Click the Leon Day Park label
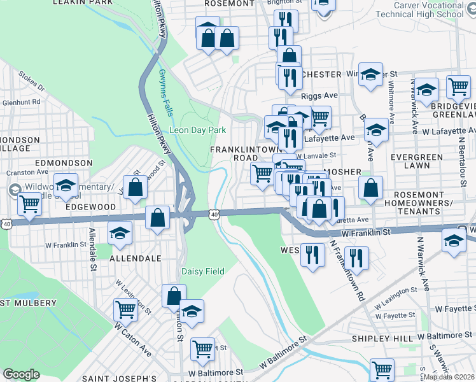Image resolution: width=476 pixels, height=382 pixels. tap(197, 130)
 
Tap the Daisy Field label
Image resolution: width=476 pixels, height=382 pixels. tap(203, 271)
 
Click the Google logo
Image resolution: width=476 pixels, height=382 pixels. tap(21, 374)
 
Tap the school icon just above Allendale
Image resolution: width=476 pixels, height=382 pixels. tap(119, 234)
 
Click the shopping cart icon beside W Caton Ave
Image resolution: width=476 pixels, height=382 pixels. tap(125, 309)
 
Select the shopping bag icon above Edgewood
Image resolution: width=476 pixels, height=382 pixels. tap(135, 187)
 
